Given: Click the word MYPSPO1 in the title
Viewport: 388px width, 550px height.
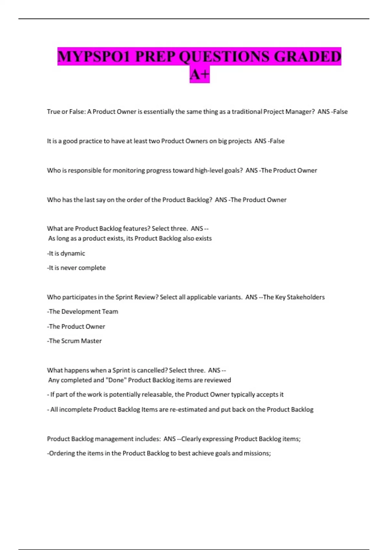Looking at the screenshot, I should (x=94, y=57).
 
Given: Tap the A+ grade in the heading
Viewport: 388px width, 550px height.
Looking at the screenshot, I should (x=199, y=75).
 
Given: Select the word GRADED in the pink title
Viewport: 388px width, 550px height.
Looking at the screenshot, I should (x=307, y=57).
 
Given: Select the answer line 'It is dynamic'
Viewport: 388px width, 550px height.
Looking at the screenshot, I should (x=66, y=253).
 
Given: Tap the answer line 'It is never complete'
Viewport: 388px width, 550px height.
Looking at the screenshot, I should (x=77, y=268).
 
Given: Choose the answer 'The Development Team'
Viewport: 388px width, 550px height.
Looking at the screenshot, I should (x=83, y=312).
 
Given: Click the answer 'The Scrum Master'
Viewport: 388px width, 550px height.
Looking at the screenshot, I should (x=75, y=341).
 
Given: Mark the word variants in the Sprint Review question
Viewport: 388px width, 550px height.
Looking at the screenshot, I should (x=230, y=297).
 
